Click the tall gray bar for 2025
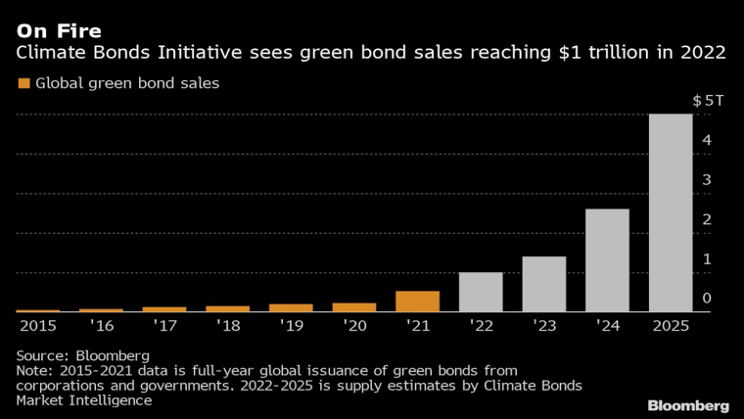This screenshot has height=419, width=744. (671, 213)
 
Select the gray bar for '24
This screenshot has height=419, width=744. (607, 260)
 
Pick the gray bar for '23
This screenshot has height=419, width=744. (543, 284)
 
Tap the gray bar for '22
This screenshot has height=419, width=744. (481, 292)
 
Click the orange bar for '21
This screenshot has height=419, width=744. (417, 302)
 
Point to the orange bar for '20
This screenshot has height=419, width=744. (353, 307)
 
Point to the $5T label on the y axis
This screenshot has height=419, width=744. (708, 101)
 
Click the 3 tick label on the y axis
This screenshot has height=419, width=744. (707, 180)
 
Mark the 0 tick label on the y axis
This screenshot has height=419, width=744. (707, 298)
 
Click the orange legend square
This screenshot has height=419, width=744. (23, 83)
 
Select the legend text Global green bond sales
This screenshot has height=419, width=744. (127, 83)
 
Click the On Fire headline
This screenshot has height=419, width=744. (58, 30)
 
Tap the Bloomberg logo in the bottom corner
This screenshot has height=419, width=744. (688, 404)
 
